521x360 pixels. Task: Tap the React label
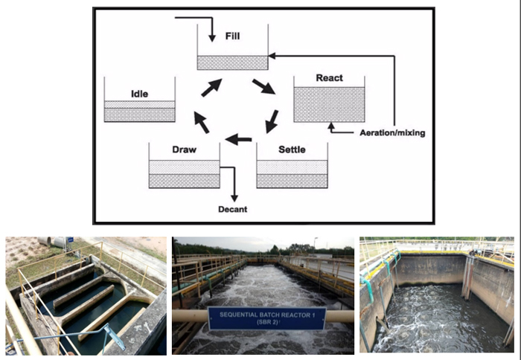click(x=328, y=77)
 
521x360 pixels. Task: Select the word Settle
click(x=292, y=150)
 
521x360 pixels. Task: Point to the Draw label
click(x=184, y=150)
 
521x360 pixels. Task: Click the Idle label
click(x=139, y=94)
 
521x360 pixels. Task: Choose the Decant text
click(x=232, y=209)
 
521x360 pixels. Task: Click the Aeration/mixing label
click(x=391, y=133)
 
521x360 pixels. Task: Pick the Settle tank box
click(x=292, y=173)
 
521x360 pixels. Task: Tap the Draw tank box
click(x=184, y=173)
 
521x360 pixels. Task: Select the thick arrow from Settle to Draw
click(x=239, y=139)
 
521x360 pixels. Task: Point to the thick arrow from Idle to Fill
click(x=211, y=86)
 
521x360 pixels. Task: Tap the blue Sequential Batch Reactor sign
click(x=266, y=318)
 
